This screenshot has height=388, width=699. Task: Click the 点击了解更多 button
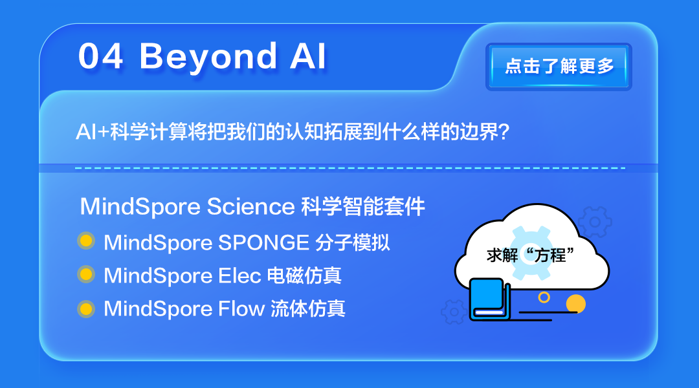pyautogui.click(x=559, y=67)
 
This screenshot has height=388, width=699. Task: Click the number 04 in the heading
pyautogui.click(x=100, y=57)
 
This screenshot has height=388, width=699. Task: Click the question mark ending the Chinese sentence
pyautogui.click(x=505, y=132)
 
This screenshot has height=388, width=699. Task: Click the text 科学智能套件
pyautogui.click(x=363, y=207)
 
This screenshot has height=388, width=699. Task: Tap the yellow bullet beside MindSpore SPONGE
pyautogui.click(x=85, y=242)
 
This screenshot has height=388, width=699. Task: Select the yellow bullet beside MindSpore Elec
pyautogui.click(x=85, y=275)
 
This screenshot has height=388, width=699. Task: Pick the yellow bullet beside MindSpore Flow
pyautogui.click(x=85, y=308)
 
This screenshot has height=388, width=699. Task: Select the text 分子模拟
pyautogui.click(x=353, y=242)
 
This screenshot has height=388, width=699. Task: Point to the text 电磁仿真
pyautogui.click(x=304, y=276)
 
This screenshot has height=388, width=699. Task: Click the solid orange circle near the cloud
pyautogui.click(x=575, y=303)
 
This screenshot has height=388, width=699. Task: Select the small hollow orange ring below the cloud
pyautogui.click(x=544, y=297)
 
